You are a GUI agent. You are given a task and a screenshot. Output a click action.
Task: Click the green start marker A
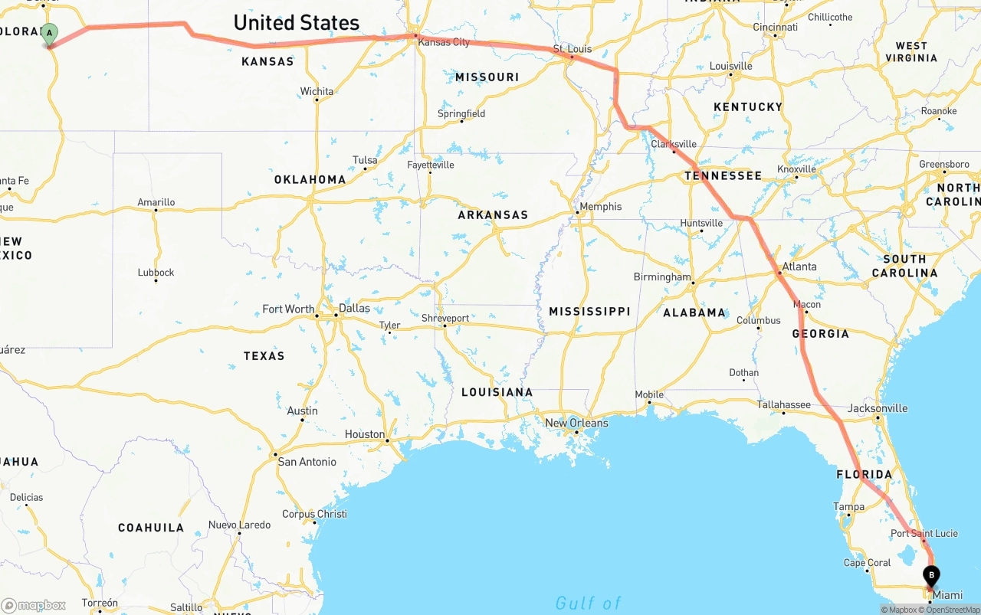(49, 33)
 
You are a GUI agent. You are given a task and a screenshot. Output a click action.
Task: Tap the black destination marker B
(932, 575)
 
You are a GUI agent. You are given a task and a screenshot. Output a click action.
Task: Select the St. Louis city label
(573, 49)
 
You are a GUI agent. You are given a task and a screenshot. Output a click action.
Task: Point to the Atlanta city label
(799, 267)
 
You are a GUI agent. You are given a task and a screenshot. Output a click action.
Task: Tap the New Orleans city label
(576, 423)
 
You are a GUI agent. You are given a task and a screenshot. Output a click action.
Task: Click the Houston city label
(365, 434)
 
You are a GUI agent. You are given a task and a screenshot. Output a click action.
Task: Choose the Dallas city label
(354, 309)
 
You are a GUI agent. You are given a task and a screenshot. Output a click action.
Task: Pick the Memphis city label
(600, 207)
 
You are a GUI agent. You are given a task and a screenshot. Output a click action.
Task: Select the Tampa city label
(848, 506)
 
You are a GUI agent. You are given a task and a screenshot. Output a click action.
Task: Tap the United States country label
(296, 23)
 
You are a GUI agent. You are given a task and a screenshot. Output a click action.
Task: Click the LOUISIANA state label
(497, 392)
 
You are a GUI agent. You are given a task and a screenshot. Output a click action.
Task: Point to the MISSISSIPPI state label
(589, 311)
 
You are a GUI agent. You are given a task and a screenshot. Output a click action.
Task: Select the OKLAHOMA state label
(310, 180)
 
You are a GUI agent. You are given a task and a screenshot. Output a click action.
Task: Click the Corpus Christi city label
(314, 514)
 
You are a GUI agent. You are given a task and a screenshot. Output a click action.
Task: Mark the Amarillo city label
(156, 202)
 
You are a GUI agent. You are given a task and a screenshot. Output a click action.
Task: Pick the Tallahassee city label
(783, 404)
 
